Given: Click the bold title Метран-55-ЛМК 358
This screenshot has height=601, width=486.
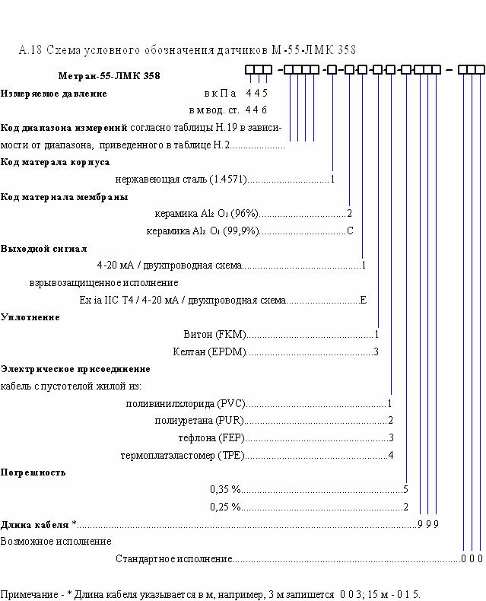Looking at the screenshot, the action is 109,75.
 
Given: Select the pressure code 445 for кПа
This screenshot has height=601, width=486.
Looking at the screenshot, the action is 256,93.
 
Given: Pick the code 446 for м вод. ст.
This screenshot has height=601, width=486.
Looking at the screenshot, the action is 256,110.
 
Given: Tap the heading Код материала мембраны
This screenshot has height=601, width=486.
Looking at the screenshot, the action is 64,197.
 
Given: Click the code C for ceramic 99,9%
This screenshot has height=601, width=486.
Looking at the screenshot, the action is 350,231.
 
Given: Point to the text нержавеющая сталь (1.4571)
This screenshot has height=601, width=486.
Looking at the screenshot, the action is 181,180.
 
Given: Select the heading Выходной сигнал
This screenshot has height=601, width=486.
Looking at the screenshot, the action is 43,249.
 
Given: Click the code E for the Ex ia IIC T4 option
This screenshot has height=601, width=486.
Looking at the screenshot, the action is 363,300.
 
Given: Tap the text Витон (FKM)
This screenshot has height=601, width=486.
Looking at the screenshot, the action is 214,334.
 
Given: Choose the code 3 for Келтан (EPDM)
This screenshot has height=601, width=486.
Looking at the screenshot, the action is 376,351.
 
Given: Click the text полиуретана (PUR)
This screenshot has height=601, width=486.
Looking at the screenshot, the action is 199,421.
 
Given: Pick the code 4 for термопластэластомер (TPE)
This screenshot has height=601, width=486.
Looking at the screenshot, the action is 391,455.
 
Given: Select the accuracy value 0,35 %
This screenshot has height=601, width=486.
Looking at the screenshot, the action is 225,489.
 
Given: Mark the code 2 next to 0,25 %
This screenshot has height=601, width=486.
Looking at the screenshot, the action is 405,507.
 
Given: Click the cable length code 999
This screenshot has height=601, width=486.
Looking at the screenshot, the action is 428,524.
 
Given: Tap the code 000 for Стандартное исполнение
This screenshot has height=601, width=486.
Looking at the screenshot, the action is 472,558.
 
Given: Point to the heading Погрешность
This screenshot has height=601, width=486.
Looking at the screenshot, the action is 33,472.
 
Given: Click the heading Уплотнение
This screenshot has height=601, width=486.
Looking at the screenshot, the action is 30,317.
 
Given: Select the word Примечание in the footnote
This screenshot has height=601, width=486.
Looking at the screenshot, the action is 29,594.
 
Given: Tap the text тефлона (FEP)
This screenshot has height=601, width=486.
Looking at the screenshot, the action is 211,437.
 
